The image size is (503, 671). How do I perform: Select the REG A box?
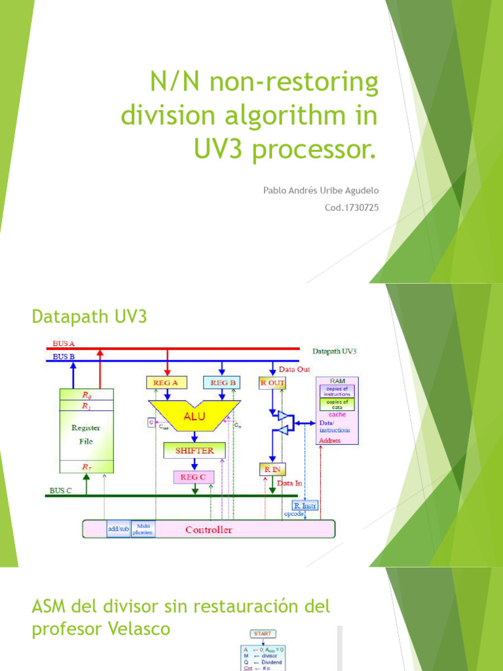click(166, 382)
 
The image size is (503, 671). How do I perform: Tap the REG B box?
click(223, 382)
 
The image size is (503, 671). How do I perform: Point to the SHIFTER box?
click(194, 450)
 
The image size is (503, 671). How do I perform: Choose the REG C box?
click(193, 477)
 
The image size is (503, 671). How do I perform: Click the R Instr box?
click(304, 506)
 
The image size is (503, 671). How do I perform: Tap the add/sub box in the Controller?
click(119, 529)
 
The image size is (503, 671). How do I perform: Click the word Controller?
click(208, 529)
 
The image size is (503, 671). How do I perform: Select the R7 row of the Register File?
click(86, 466)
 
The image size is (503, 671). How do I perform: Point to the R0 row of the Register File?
click(86, 395)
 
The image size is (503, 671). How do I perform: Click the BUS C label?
click(61, 490)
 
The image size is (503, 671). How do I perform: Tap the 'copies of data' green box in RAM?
click(337, 404)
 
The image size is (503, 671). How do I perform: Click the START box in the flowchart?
click(263, 634)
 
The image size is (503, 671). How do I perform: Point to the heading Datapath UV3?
click(90, 317)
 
